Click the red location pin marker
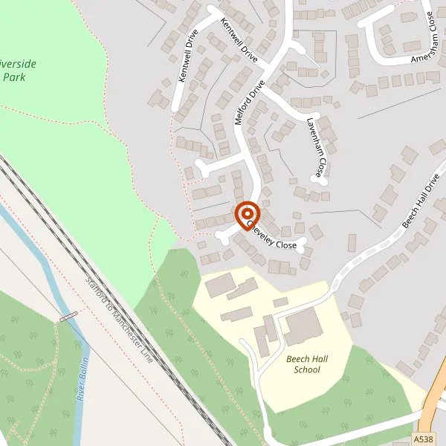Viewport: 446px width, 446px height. [247, 216]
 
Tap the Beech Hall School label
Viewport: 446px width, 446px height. [306, 364]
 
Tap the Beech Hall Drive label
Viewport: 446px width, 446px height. [421, 203]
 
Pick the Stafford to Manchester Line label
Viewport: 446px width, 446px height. [119, 321]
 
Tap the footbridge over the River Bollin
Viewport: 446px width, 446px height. [68, 317]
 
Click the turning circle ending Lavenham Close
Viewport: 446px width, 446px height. [320, 179]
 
